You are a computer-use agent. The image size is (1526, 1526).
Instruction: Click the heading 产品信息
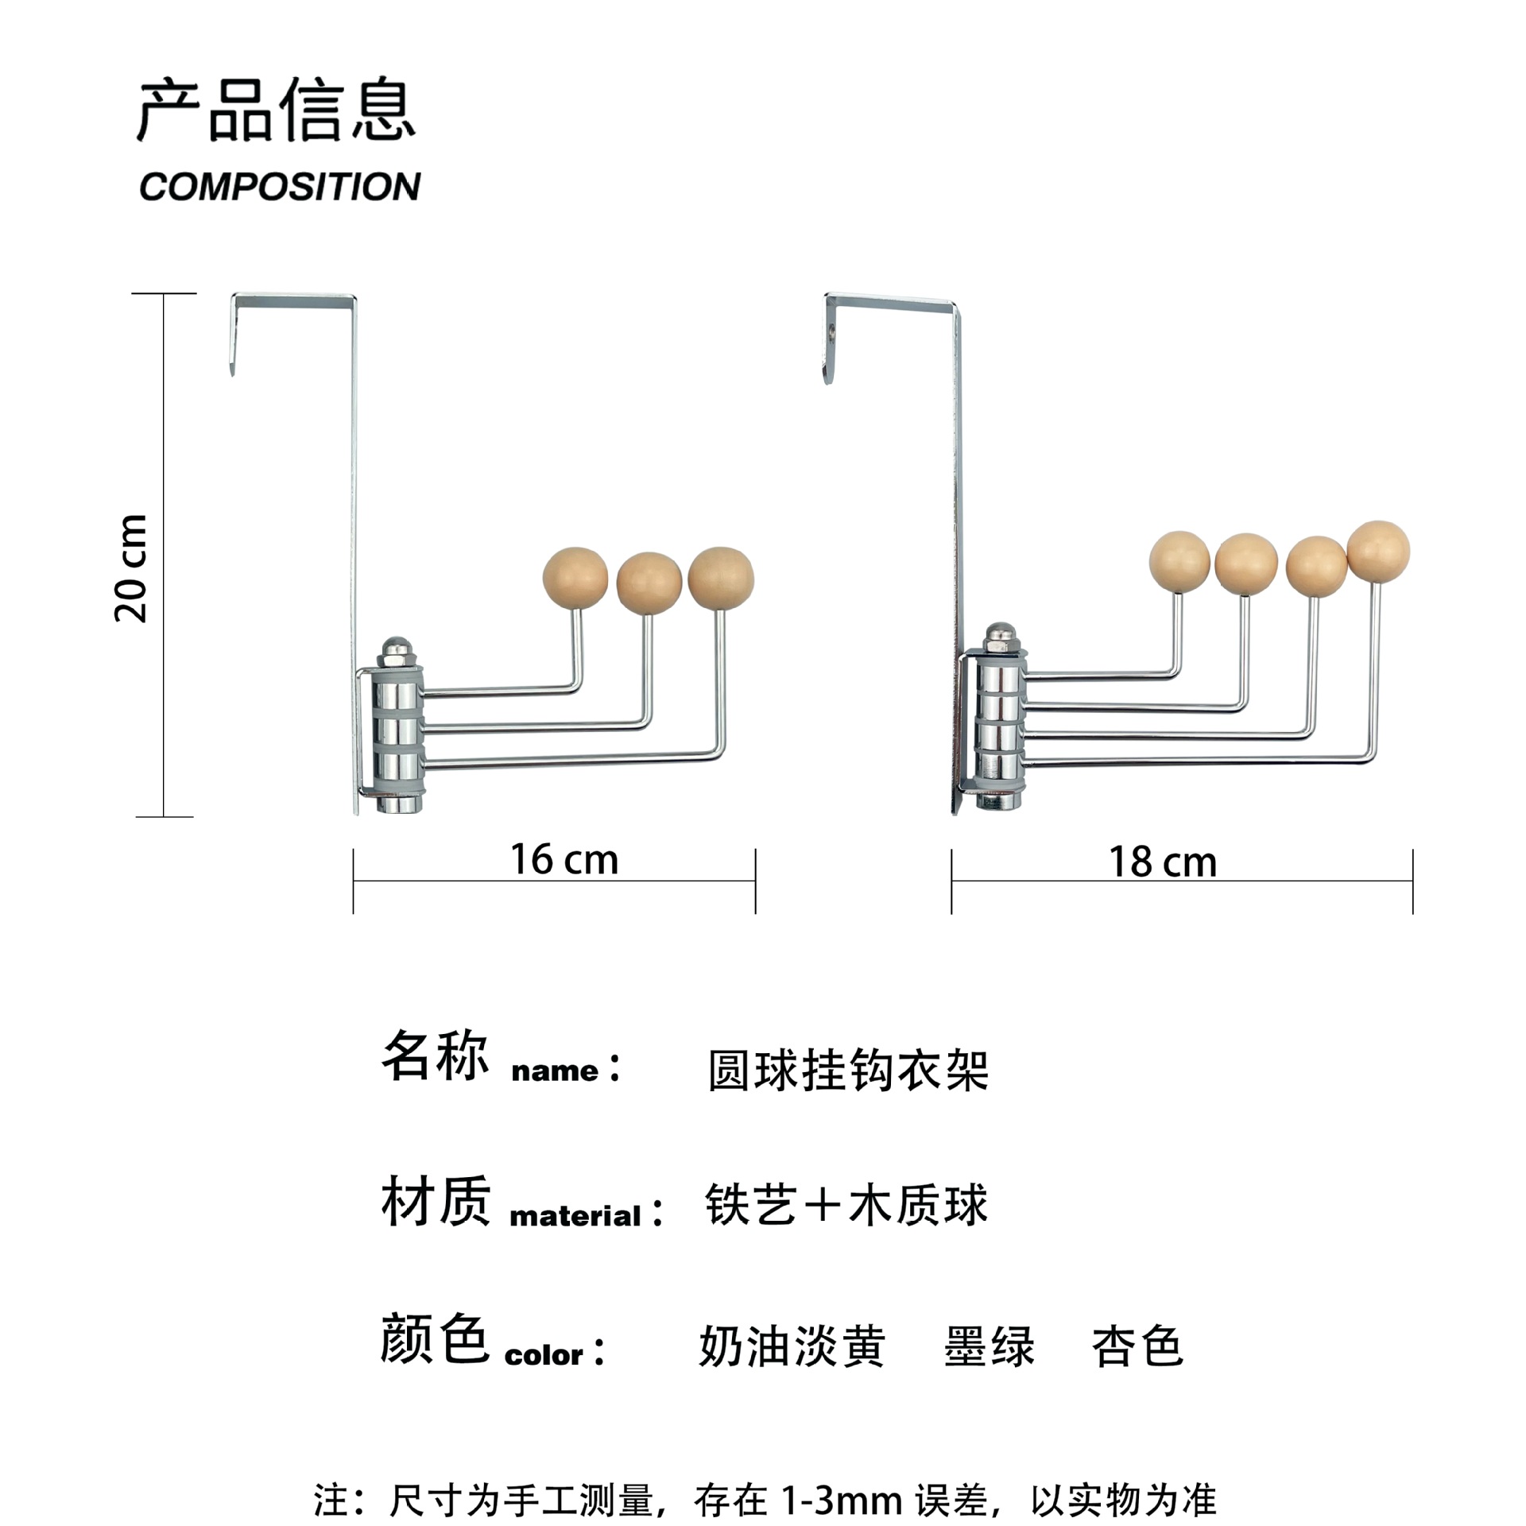276,110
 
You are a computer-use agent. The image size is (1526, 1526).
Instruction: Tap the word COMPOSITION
280,187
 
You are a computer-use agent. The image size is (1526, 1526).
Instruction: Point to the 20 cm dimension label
132,567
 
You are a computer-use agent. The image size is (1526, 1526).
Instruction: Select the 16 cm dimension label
564,860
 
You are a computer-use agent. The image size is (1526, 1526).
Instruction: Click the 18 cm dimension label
1162,862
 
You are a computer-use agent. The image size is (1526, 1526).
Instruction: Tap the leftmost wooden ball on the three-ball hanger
575,578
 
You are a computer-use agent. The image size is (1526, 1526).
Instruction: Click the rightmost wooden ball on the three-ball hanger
721,578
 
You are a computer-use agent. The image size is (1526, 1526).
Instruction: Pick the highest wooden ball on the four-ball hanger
1378,551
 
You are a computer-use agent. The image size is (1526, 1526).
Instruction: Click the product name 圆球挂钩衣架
848,1071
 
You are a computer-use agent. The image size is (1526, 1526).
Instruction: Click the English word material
575,1216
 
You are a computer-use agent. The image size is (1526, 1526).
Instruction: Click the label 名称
435,1056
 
